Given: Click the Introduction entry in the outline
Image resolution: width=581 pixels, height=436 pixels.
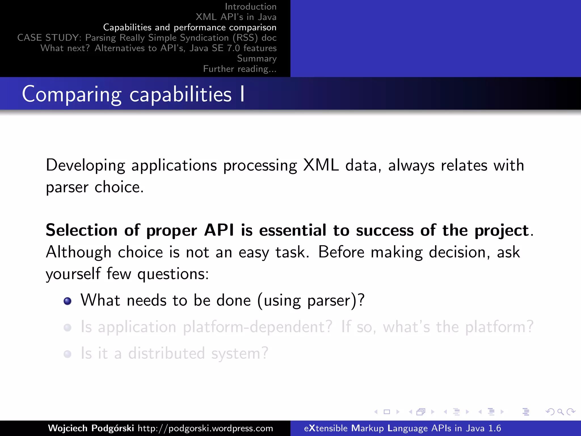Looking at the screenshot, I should pyautogui.click(x=250, y=7).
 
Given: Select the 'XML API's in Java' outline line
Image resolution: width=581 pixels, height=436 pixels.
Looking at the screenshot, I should pyautogui.click(x=236, y=17).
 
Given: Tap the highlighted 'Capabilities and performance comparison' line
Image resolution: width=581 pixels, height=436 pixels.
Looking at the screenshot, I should pyautogui.click(x=190, y=27).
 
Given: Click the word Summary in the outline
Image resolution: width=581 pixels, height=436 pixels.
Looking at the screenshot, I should pyautogui.click(x=257, y=58).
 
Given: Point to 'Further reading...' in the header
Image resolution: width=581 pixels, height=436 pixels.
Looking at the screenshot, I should pyautogui.click(x=240, y=69).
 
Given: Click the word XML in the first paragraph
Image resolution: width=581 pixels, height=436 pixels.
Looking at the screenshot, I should pyautogui.click(x=321, y=165).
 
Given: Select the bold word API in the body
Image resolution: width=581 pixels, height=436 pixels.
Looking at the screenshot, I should pyautogui.click(x=219, y=230).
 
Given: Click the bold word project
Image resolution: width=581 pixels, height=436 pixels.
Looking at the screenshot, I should pyautogui.click(x=502, y=230).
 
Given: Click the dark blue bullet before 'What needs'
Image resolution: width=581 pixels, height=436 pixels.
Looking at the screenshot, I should pyautogui.click(x=68, y=301).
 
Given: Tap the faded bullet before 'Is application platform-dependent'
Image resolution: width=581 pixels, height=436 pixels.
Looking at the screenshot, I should pyautogui.click(x=68, y=328).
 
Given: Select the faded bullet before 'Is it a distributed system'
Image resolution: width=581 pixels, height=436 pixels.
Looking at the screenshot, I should pyautogui.click(x=68, y=354).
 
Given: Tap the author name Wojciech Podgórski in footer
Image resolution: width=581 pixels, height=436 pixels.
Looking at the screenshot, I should pyautogui.click(x=91, y=428).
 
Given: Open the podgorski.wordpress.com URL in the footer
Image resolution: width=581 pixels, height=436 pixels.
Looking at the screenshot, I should pyautogui.click(x=205, y=428).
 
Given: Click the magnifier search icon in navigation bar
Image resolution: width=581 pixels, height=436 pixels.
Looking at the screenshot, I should pyautogui.click(x=560, y=412).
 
